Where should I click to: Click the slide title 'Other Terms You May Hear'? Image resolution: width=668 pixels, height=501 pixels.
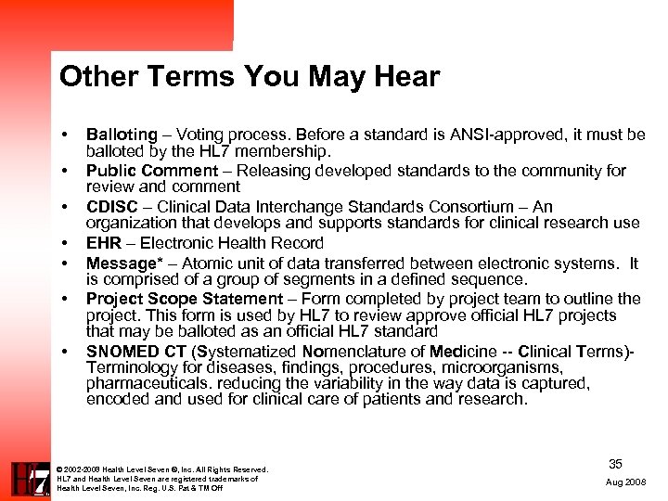point(249,77)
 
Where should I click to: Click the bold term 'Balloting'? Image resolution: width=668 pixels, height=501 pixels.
point(122,135)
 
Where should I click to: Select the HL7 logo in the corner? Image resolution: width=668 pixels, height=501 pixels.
point(31,479)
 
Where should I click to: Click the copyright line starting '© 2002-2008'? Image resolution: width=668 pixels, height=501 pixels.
point(161,469)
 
